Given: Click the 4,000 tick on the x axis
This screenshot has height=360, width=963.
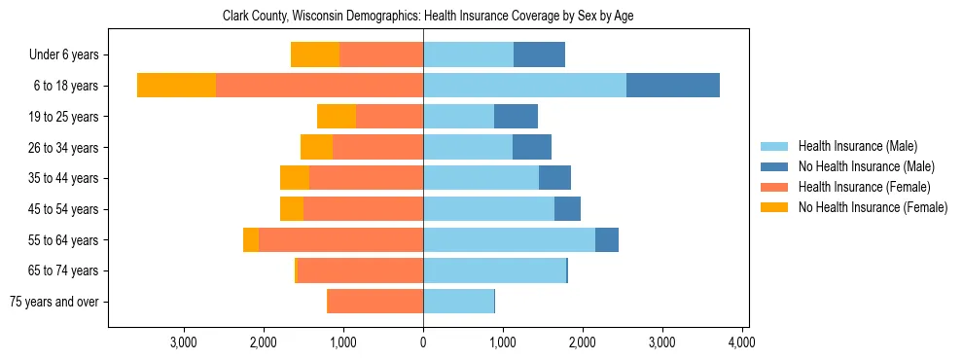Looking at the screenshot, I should [x=741, y=342].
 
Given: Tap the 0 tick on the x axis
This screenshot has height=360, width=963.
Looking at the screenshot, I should [x=423, y=342].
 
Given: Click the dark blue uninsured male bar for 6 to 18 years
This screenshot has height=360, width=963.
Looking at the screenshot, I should [x=673, y=86].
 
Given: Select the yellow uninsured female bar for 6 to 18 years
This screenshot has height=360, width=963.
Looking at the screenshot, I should [x=176, y=86].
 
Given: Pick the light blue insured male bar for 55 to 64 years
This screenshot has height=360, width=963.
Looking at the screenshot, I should [x=509, y=239].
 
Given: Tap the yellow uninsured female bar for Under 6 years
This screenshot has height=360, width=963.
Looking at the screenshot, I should [x=315, y=55].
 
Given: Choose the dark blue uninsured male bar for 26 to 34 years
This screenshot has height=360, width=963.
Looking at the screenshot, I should [x=532, y=147].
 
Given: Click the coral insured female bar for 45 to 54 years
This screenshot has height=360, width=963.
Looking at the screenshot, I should [x=363, y=209].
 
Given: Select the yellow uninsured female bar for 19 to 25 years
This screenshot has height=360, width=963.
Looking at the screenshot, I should [x=337, y=117].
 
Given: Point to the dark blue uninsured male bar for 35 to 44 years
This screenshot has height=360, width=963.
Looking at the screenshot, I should [x=554, y=178].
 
